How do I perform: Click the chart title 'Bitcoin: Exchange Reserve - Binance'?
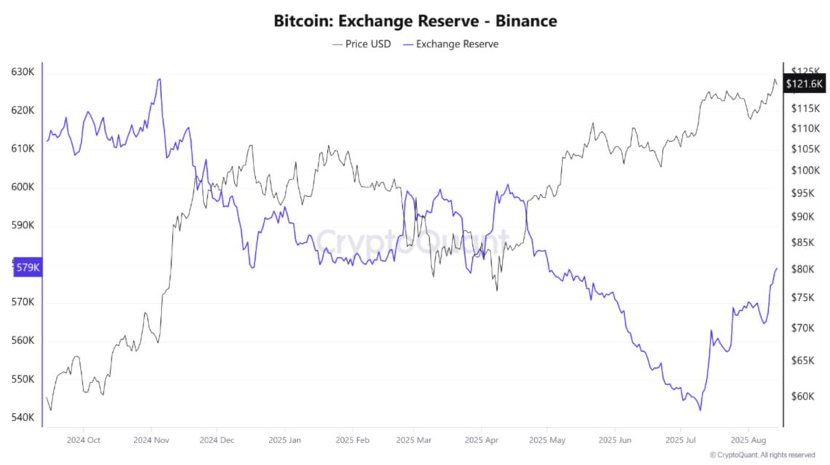(415, 20)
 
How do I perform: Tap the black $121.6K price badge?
(804, 84)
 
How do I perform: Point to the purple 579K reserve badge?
(27, 267)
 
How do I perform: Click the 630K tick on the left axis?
(23, 72)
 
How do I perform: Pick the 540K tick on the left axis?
(23, 418)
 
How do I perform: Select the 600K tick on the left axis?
(23, 187)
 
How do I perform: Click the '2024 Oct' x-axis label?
(83, 440)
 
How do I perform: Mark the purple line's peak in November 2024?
(160, 79)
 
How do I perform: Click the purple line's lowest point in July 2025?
(700, 410)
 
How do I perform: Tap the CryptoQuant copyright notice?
(762, 455)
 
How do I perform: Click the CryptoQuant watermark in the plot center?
(412, 241)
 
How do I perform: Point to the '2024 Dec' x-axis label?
(217, 440)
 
